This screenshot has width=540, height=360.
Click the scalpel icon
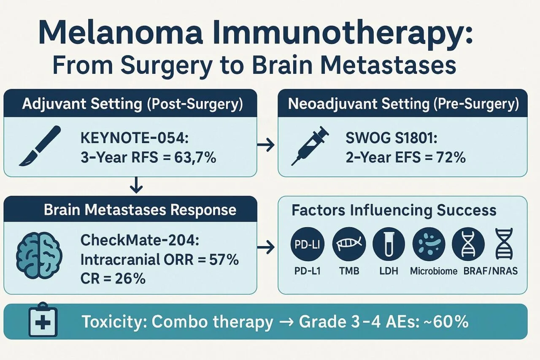(40, 146)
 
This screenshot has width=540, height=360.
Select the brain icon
(39, 256)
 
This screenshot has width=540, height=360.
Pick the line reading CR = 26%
(113, 279)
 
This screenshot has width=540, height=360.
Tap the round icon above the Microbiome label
(428, 245)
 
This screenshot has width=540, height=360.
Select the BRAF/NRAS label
(489, 271)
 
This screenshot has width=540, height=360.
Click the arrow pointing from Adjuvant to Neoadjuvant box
(265, 146)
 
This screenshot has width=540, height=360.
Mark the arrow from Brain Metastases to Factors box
(265, 248)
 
